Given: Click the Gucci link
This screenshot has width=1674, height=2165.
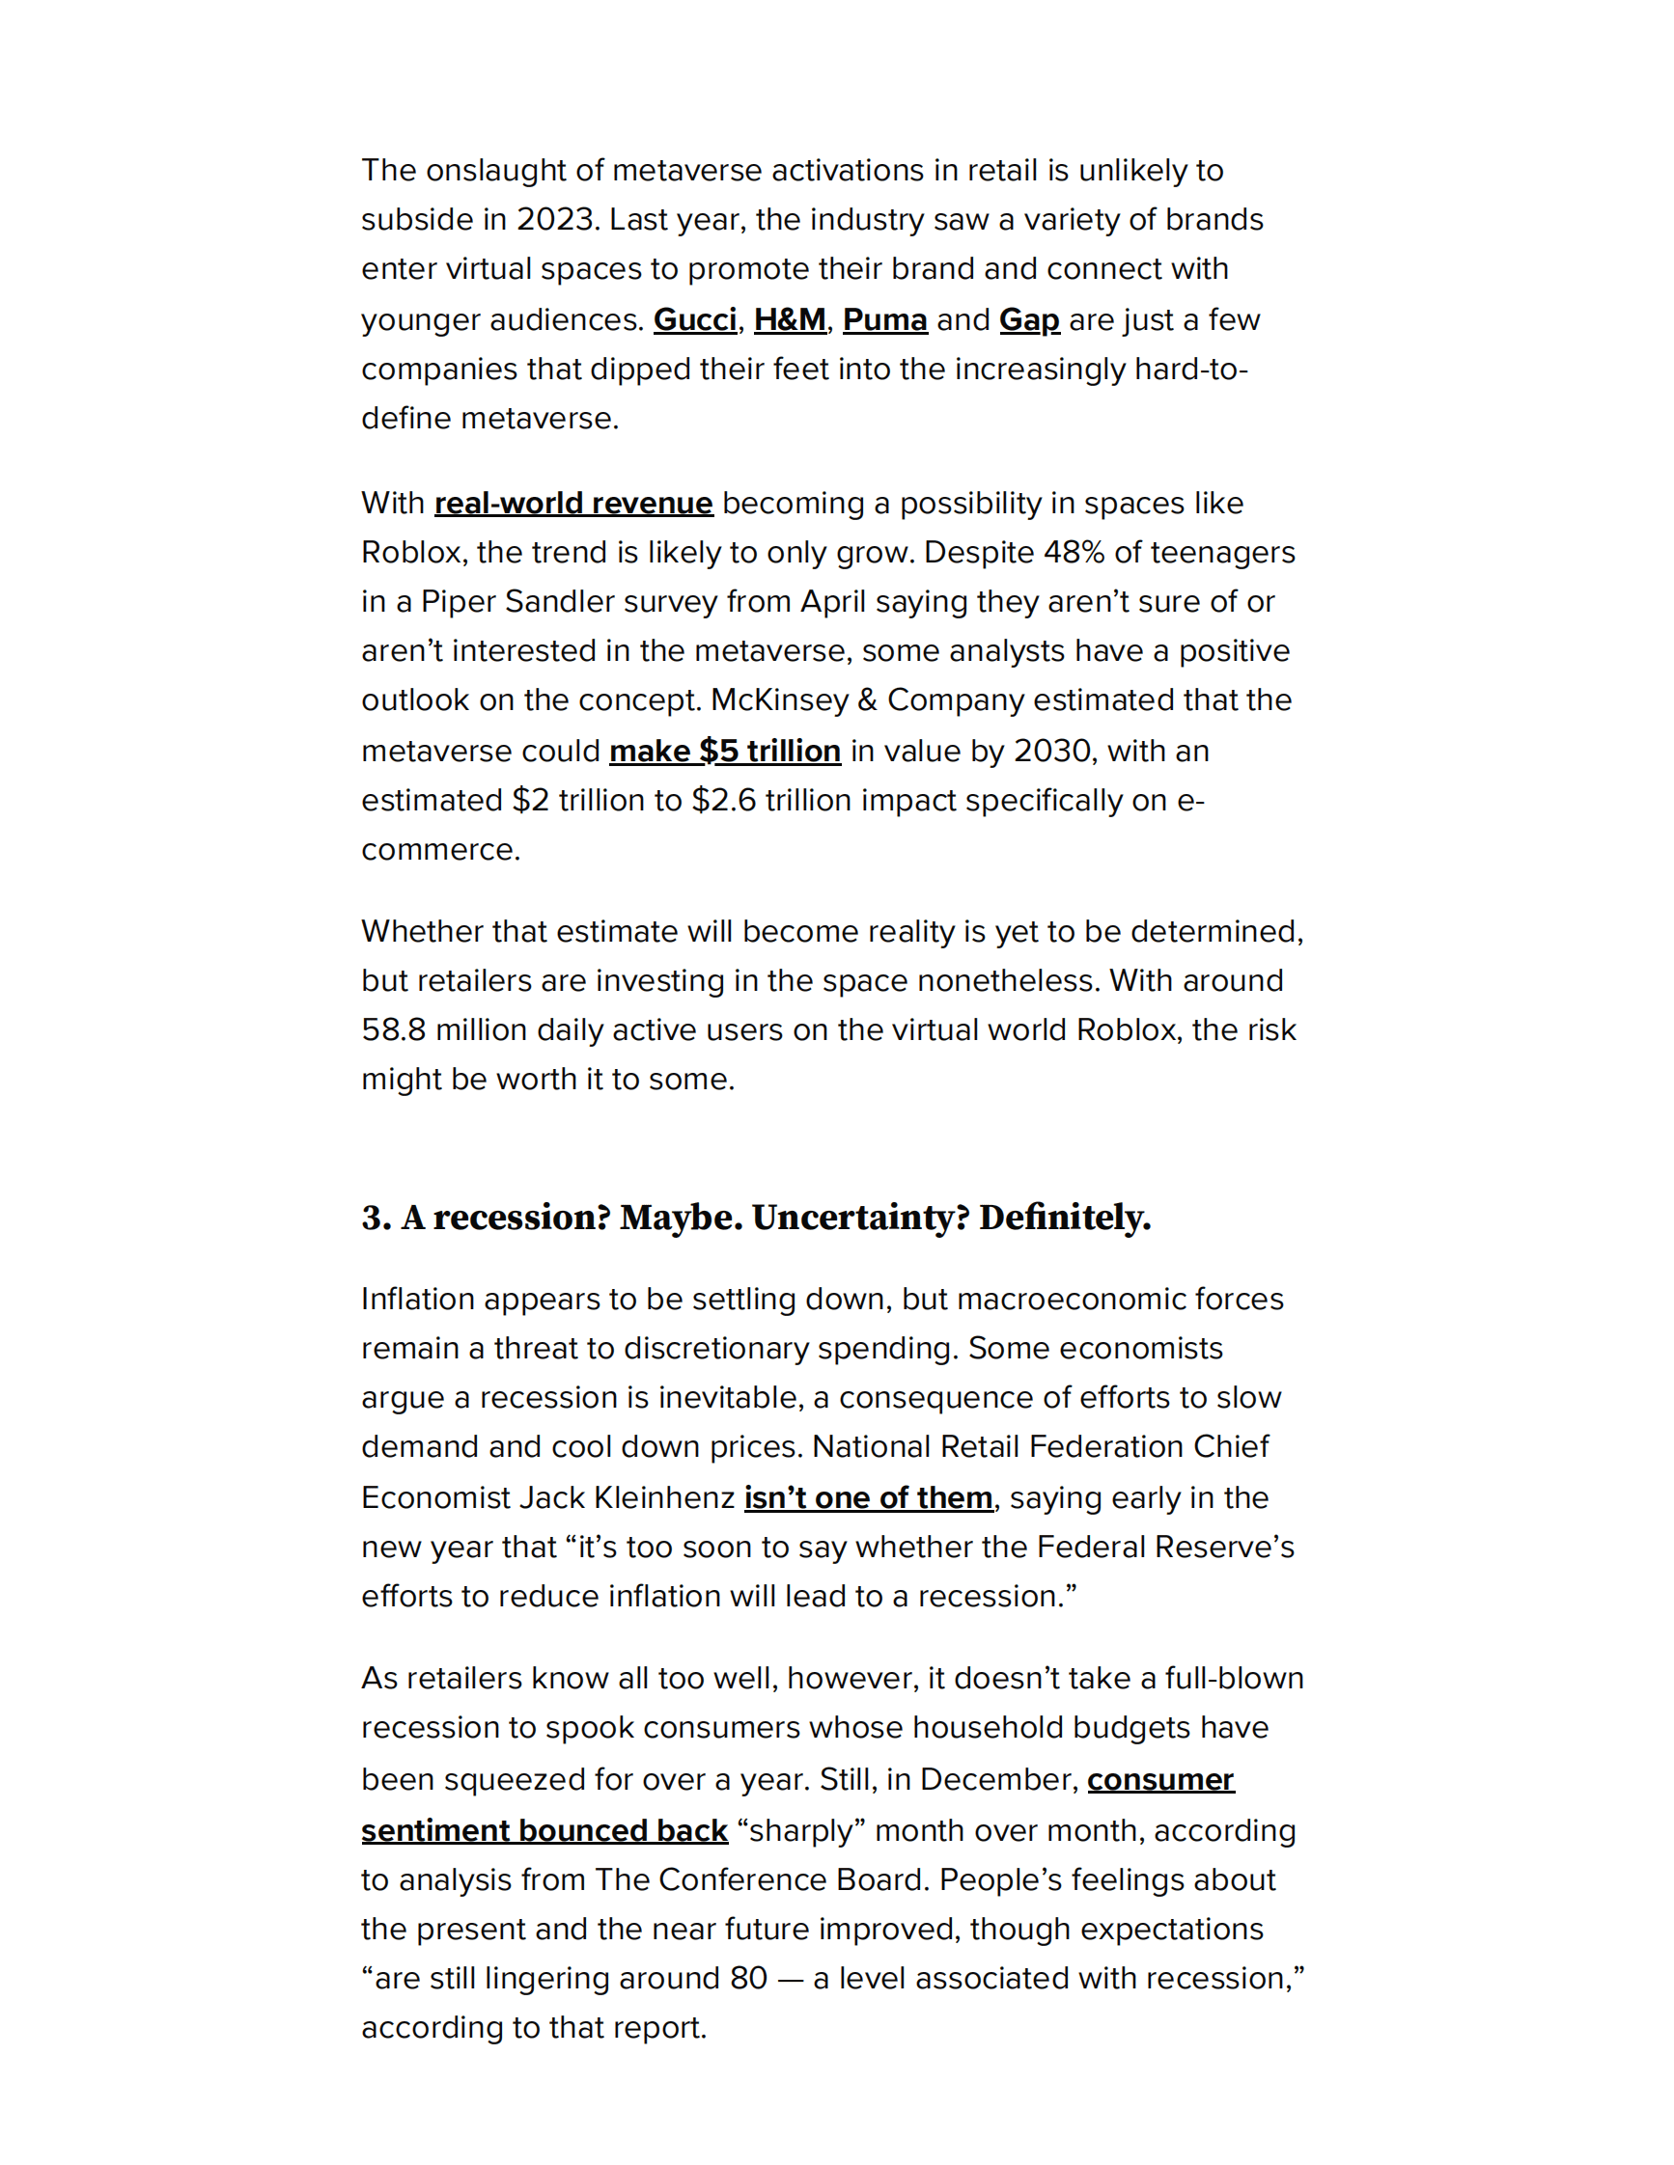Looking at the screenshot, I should pyautogui.click(x=694, y=320).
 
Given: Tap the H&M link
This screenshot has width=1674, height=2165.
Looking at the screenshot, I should pyautogui.click(x=790, y=320).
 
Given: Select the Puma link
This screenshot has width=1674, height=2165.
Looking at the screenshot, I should pyautogui.click(x=884, y=320).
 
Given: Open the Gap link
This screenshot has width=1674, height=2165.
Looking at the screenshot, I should pyautogui.click(x=1028, y=320).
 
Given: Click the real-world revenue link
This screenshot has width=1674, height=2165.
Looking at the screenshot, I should pyautogui.click(x=573, y=504).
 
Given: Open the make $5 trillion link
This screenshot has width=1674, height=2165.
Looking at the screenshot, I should pyautogui.click(x=725, y=752).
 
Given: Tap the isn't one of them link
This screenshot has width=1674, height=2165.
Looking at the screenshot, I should pyautogui.click(x=868, y=1498).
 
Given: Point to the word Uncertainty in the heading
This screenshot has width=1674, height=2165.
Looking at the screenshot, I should pyautogui.click(x=859, y=1219).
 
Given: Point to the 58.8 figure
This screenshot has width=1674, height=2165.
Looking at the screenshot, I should pyautogui.click(x=394, y=1030).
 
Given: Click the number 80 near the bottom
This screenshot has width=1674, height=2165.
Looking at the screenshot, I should pyautogui.click(x=748, y=1979).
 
